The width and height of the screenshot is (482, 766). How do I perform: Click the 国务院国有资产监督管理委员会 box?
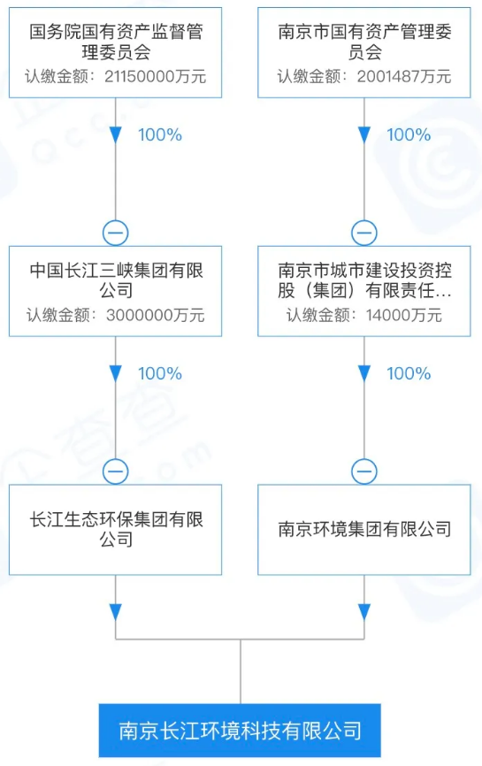pos(115,53)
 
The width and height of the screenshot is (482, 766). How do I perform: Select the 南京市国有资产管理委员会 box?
pos(363,53)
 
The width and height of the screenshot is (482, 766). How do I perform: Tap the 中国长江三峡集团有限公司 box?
pos(115,291)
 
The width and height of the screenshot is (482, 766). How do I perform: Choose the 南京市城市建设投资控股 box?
pos(363,291)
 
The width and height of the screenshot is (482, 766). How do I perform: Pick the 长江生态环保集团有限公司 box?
pos(115,530)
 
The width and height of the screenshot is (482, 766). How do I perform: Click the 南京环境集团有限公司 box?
pos(363,530)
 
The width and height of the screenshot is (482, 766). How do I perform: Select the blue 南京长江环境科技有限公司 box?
pos(240,731)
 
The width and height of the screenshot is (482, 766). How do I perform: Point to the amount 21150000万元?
pos(156,77)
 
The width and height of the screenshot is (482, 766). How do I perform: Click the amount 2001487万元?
pos(404,77)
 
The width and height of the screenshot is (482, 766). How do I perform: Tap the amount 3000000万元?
pos(156,315)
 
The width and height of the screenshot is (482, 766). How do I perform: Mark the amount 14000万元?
pos(404,315)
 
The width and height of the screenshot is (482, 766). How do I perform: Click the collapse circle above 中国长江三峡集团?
pos(115,233)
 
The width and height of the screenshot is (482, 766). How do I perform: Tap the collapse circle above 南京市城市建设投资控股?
pos(363,233)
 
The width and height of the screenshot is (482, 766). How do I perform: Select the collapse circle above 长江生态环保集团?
pos(115,471)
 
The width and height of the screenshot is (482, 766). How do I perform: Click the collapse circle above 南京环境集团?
pos(363,471)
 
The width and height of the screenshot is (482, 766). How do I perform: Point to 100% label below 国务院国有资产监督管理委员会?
pos(160,134)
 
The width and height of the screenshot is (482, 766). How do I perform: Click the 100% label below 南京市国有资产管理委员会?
pos(409,134)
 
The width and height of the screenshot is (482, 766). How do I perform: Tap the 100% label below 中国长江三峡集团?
pos(160,374)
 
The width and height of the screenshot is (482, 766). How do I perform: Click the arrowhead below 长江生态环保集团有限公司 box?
pos(115,612)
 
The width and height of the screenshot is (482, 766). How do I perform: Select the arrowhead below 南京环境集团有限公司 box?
pos(363,612)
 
